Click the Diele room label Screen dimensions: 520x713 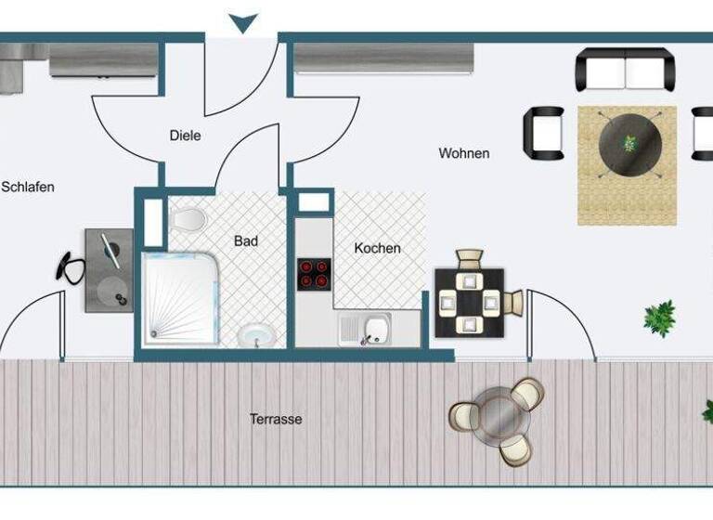[185, 136]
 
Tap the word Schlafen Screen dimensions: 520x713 [28, 187]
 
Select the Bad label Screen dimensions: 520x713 [246, 240]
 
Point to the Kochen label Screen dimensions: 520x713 [378, 248]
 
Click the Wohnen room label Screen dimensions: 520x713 [464, 153]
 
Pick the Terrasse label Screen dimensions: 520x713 [276, 419]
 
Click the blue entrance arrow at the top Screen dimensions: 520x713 [242, 22]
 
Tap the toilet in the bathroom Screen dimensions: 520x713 [188, 220]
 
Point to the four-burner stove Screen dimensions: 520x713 [315, 274]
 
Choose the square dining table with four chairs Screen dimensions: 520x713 [470, 302]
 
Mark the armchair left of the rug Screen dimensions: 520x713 [544, 131]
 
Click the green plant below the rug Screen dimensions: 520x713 [659, 318]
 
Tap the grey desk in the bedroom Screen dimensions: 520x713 [110, 270]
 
